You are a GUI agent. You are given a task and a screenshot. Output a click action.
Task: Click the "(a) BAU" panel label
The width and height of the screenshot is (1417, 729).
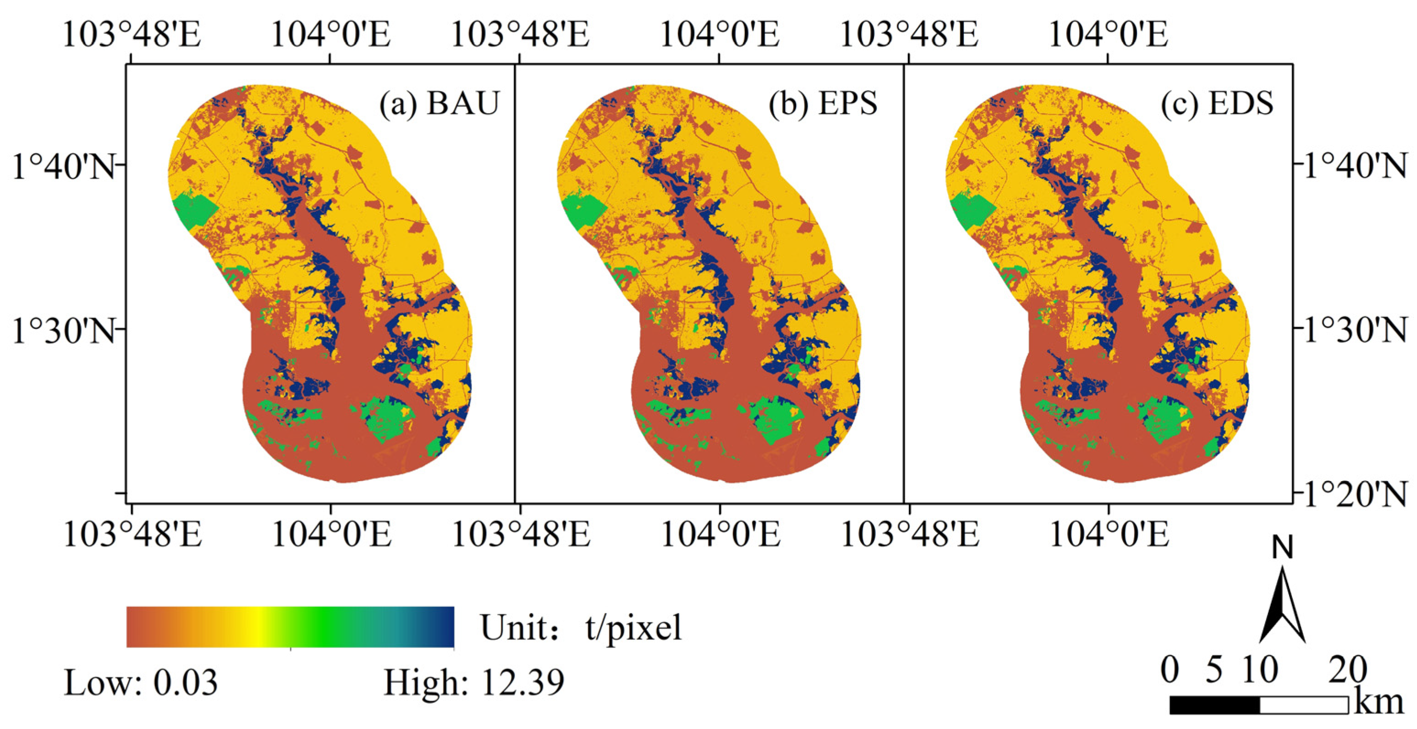439,103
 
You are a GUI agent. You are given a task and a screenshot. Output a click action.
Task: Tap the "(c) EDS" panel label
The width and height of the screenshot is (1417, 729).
1217,103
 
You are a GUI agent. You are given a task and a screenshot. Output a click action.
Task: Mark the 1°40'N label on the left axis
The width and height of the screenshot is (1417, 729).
64,167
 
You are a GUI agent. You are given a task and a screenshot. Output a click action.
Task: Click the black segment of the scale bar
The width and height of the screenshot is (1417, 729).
1214,705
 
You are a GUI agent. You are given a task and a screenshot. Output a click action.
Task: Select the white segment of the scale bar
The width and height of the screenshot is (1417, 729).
1304,705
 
